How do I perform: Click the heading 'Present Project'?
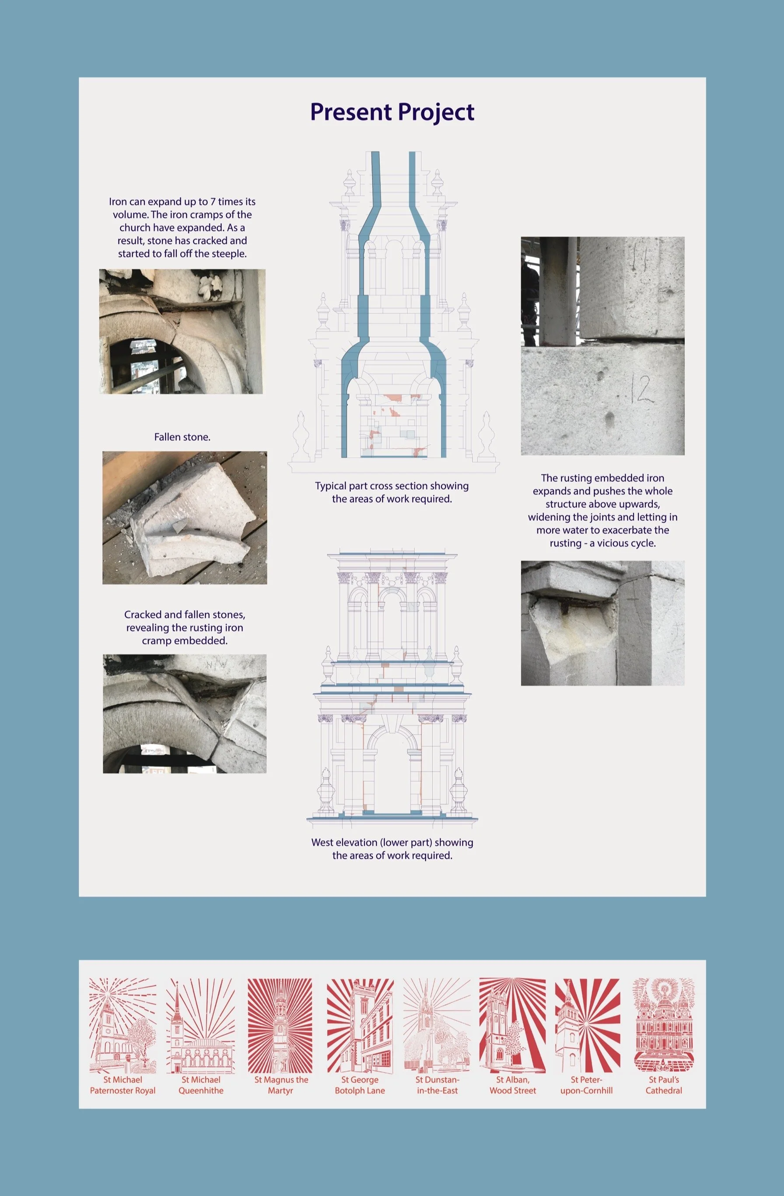pyautogui.click(x=392, y=112)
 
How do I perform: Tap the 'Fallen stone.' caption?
pyautogui.click(x=182, y=437)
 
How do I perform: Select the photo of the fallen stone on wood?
pyautogui.click(x=185, y=517)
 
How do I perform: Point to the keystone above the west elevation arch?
pyautogui.click(x=393, y=723)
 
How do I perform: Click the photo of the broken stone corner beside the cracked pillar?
pyautogui.click(x=603, y=623)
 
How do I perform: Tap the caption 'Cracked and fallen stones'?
pyautogui.click(x=185, y=615)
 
